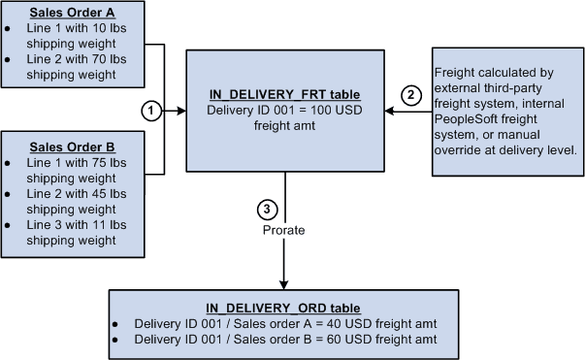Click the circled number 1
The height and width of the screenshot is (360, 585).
(149, 111)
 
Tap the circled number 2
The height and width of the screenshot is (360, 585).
(412, 95)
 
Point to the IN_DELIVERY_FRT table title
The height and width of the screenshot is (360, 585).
(285, 94)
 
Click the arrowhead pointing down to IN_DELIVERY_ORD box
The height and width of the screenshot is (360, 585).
(285, 283)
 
